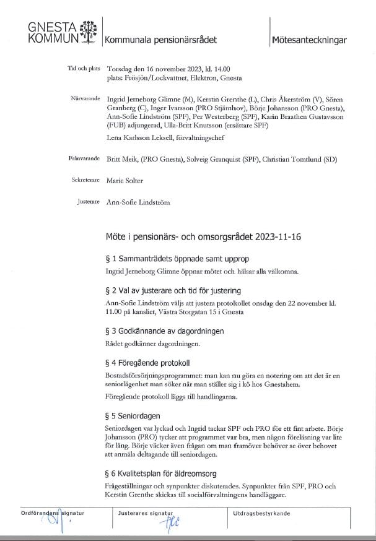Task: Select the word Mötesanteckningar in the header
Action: (x=308, y=40)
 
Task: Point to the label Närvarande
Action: (x=85, y=98)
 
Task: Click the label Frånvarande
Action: (x=85, y=159)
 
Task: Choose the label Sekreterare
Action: (x=86, y=181)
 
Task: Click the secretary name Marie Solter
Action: (x=125, y=181)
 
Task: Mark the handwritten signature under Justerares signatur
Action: (x=167, y=524)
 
